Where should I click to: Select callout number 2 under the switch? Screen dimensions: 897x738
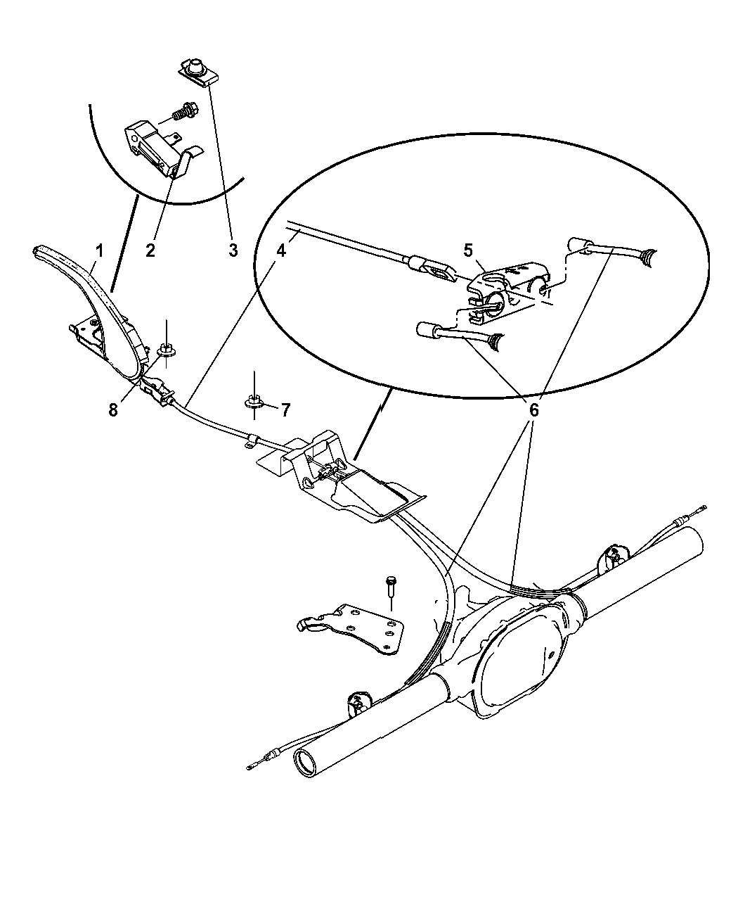click(x=150, y=250)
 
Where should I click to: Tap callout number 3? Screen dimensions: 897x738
click(x=233, y=250)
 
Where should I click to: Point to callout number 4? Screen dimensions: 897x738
click(x=281, y=250)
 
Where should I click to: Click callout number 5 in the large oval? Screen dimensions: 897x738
click(x=469, y=250)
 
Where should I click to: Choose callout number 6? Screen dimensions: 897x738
click(x=533, y=410)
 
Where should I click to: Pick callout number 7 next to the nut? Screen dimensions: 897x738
click(x=285, y=409)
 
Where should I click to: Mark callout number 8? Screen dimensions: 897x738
click(x=114, y=410)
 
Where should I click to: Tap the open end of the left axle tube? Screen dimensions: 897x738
click(x=307, y=764)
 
